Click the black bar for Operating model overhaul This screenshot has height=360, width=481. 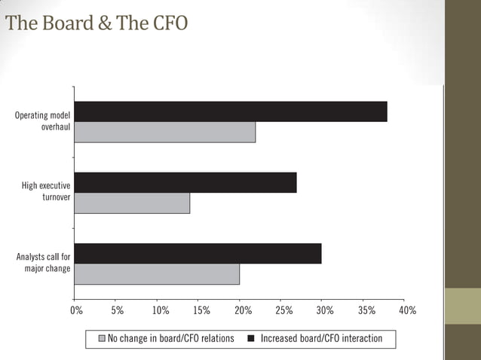[231, 111]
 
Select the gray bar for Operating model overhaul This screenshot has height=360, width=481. [165, 132]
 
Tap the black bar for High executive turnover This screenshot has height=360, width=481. [185, 182]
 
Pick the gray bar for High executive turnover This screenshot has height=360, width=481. [132, 203]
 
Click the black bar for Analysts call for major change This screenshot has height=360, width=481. [198, 254]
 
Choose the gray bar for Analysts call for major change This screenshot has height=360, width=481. [157, 274]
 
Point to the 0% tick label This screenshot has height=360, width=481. [76, 310]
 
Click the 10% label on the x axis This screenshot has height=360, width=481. [160, 310]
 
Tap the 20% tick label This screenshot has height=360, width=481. [242, 310]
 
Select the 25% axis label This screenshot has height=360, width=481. [283, 310]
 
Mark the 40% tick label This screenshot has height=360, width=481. [407, 310]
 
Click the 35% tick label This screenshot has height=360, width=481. [366, 310]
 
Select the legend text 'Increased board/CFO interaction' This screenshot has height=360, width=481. [321, 339]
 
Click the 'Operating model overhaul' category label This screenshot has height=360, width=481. [43, 121]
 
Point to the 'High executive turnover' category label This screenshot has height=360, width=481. [46, 192]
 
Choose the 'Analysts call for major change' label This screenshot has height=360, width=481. [44, 263]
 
